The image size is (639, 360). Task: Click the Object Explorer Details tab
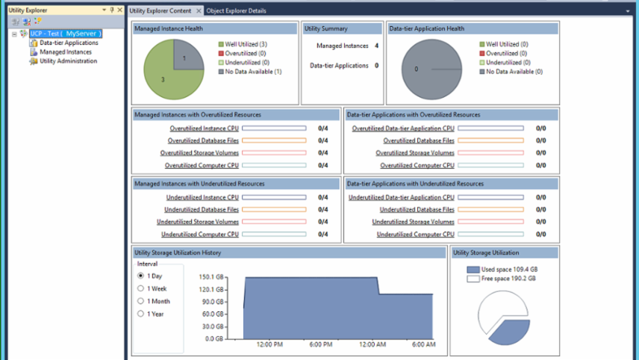click(236, 11)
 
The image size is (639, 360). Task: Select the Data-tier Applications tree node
click(68, 43)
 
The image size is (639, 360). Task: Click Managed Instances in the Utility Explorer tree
click(66, 52)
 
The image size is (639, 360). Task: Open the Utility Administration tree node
click(68, 61)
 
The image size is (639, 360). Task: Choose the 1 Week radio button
click(140, 288)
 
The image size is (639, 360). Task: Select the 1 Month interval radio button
click(140, 301)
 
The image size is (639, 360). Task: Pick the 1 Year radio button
click(140, 314)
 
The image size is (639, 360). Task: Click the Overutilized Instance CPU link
click(204, 128)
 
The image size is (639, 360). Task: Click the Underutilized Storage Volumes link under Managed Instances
click(197, 222)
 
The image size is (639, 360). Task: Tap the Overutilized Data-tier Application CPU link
click(402, 128)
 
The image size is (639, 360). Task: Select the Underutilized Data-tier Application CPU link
click(401, 198)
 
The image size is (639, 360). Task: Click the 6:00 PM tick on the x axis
click(320, 345)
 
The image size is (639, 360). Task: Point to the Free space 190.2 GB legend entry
click(508, 279)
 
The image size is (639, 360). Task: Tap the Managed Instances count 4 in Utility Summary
click(376, 46)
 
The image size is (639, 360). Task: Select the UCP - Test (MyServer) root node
click(65, 34)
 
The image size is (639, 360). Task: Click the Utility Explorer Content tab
click(160, 11)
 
